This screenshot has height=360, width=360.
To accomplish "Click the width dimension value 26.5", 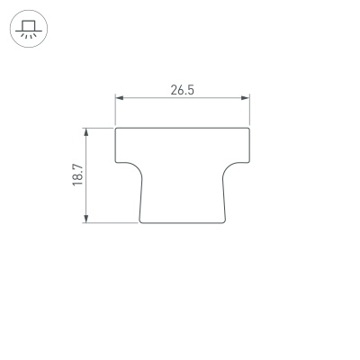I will pos(182,90).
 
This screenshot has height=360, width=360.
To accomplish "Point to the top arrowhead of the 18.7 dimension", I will pos(87,130).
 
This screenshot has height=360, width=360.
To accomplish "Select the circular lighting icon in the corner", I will pos(28,28).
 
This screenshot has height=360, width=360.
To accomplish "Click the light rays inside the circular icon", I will pos(28,34).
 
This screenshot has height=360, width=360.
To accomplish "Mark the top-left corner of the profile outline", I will pos(116,128).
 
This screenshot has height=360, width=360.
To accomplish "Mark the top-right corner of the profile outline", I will pos(249,128).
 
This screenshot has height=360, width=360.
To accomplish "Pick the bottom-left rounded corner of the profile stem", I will pos(141,220).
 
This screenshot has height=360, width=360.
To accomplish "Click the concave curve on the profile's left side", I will pos(133,166).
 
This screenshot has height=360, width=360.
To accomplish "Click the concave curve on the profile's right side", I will pos(232,166).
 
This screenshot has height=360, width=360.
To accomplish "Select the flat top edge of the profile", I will pos(182,127).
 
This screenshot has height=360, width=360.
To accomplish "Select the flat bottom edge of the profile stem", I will pos(182,222).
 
